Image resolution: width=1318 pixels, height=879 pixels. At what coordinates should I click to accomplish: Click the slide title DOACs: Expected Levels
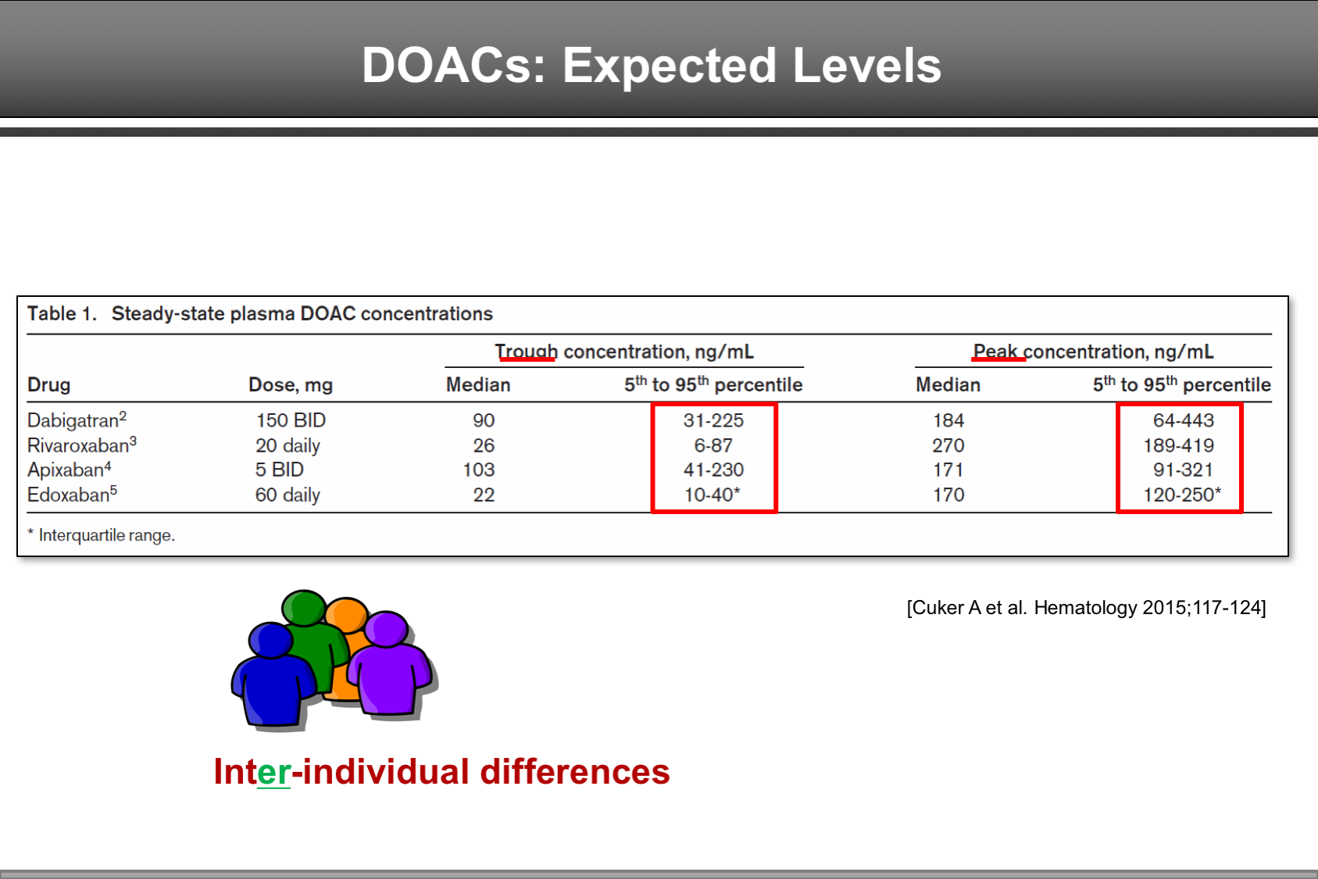651,65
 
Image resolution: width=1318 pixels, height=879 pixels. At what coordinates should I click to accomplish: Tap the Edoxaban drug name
68,495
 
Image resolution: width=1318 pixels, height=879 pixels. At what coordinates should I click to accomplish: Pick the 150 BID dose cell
291,420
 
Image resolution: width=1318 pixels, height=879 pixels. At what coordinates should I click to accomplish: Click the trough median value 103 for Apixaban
478,470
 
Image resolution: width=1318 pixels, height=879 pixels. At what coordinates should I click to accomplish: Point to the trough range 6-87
713,445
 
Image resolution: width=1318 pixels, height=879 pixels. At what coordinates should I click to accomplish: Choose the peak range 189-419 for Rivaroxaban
1178,445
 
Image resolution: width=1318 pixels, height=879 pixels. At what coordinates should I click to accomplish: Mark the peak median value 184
948,420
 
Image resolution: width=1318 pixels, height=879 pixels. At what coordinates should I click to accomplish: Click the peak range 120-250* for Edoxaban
1181,495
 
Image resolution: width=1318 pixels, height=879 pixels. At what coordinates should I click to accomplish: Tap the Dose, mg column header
290,384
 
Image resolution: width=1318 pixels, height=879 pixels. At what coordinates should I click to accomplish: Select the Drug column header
48,384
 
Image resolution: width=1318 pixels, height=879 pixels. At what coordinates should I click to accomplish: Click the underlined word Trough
527,352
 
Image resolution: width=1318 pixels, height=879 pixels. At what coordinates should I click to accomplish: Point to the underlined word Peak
996,352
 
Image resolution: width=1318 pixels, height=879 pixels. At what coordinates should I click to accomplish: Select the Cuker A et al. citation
1086,608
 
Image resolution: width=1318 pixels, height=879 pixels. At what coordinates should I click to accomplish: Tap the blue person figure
271,676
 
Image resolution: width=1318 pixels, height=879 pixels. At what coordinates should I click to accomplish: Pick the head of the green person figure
304,608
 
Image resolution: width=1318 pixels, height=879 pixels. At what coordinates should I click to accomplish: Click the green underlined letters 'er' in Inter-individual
273,772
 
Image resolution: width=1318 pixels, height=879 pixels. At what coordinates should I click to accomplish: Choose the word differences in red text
574,772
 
